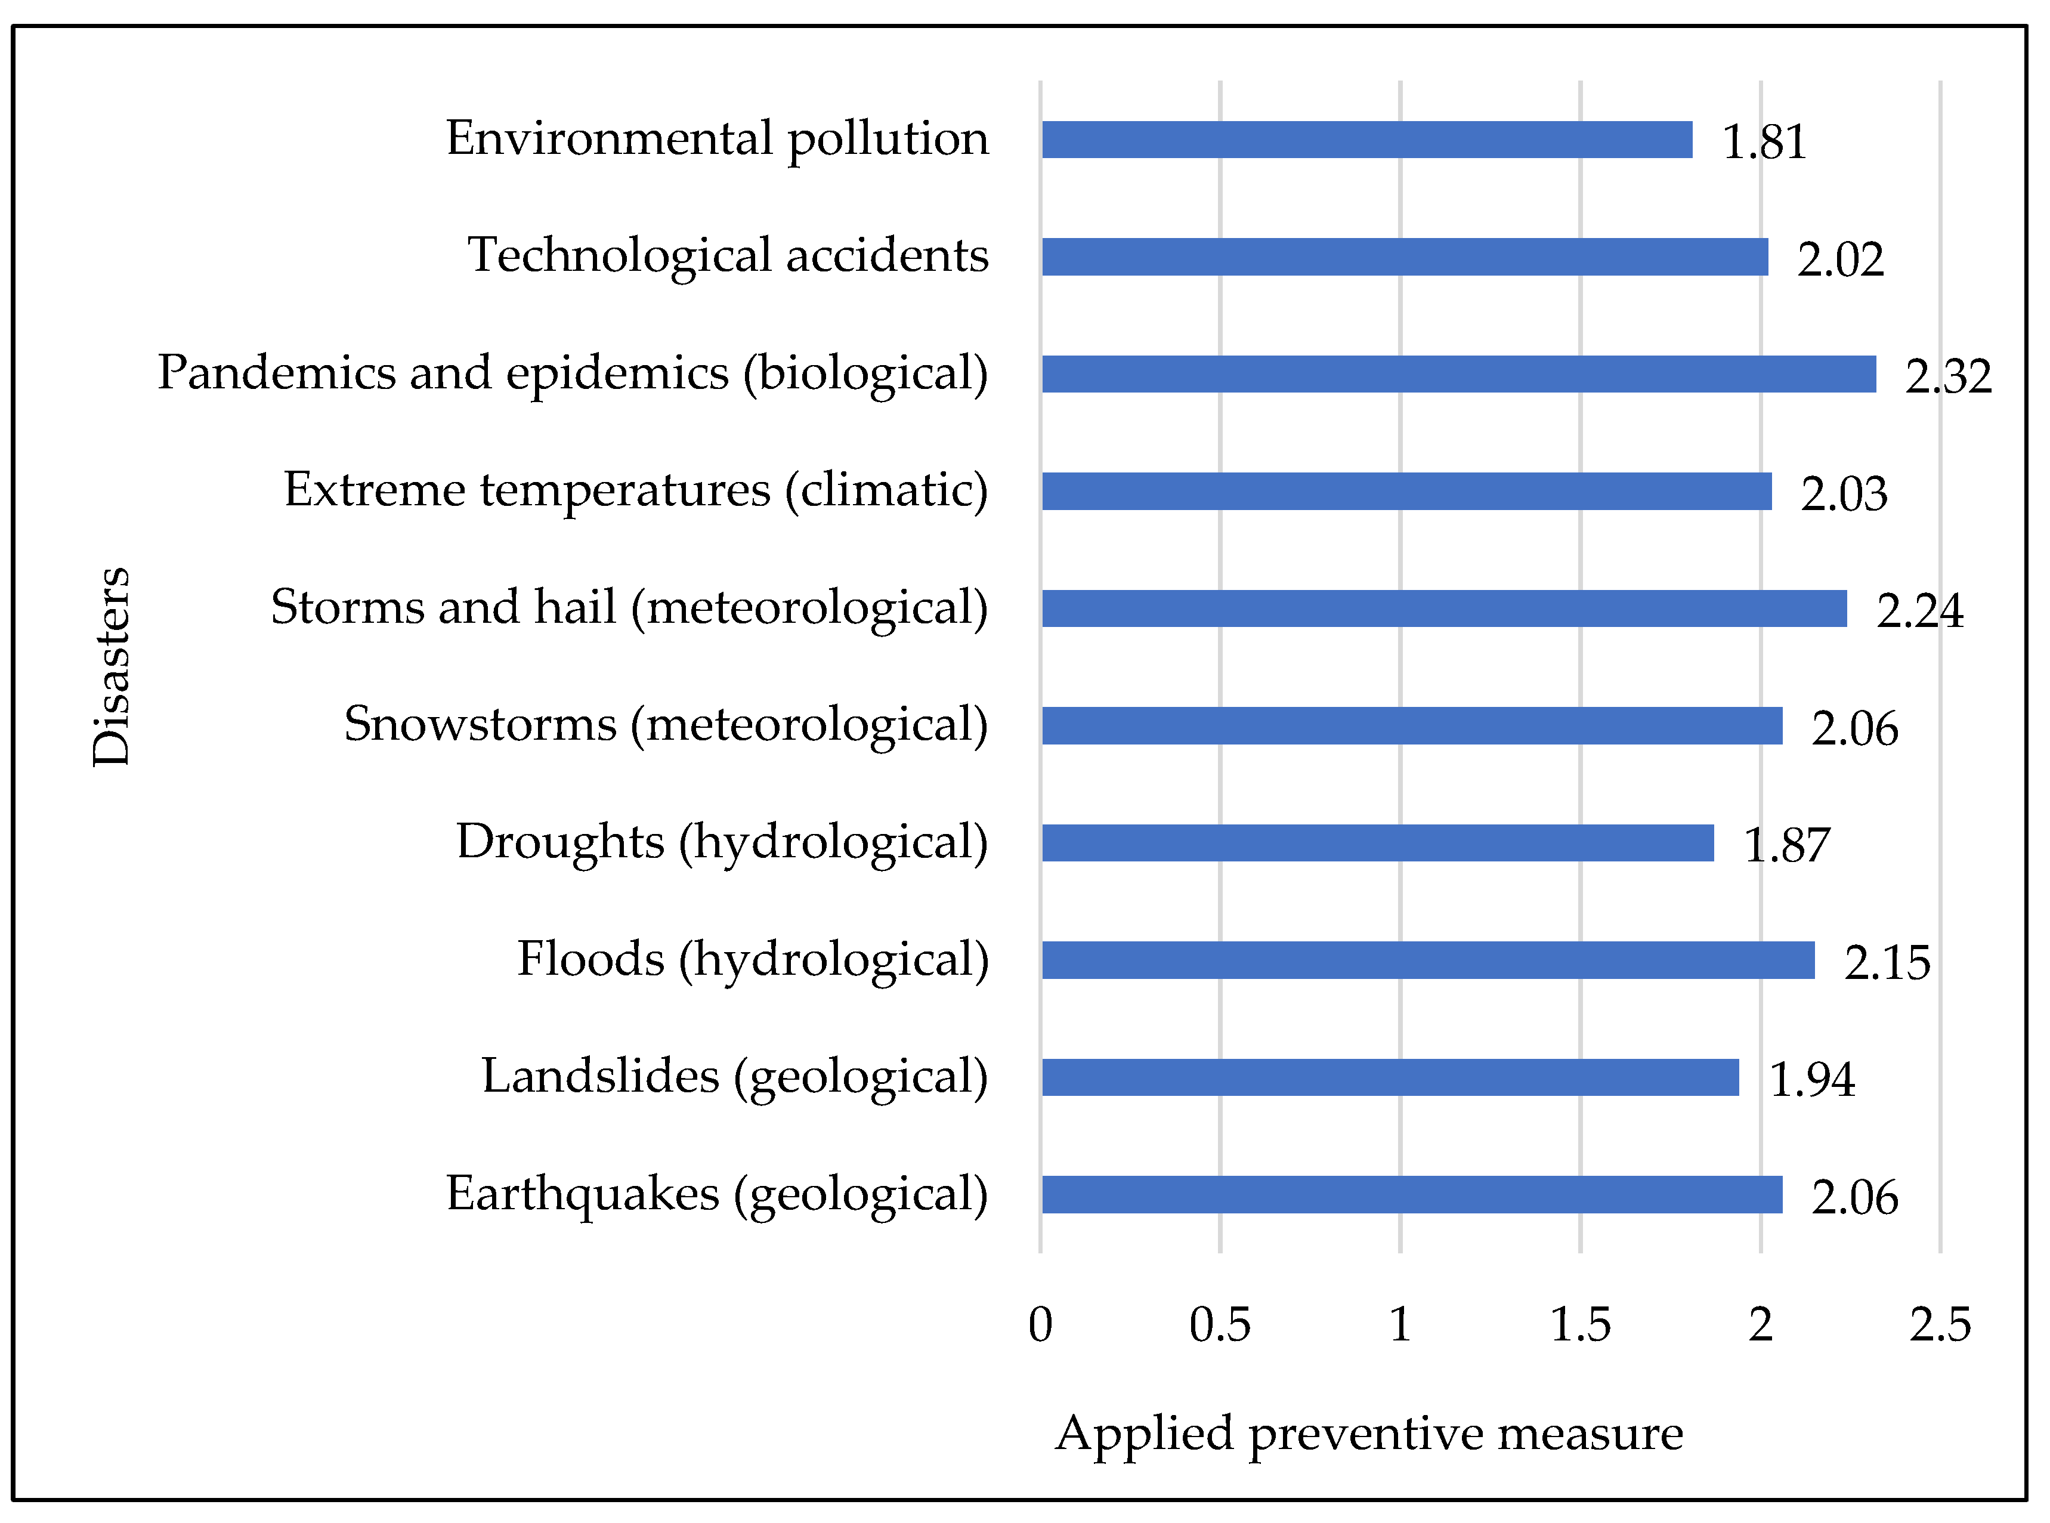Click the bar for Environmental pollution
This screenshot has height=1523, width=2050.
pyautogui.click(x=1367, y=139)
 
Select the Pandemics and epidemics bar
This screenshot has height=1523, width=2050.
pyautogui.click(x=1459, y=373)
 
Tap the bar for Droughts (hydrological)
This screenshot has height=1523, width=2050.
pyautogui.click(x=1378, y=842)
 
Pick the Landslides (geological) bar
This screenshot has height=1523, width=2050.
pyautogui.click(x=1390, y=1077)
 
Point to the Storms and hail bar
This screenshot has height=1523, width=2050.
pyautogui.click(x=1445, y=608)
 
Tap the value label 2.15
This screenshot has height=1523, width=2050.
pyautogui.click(x=1887, y=962)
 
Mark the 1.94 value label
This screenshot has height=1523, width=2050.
pyautogui.click(x=1812, y=1080)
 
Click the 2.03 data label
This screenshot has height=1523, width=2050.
pyautogui.click(x=1844, y=494)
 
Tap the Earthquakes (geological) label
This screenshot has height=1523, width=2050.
pyautogui.click(x=717, y=1194)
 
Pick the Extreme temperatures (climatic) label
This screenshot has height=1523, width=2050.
pyautogui.click(x=636, y=490)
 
